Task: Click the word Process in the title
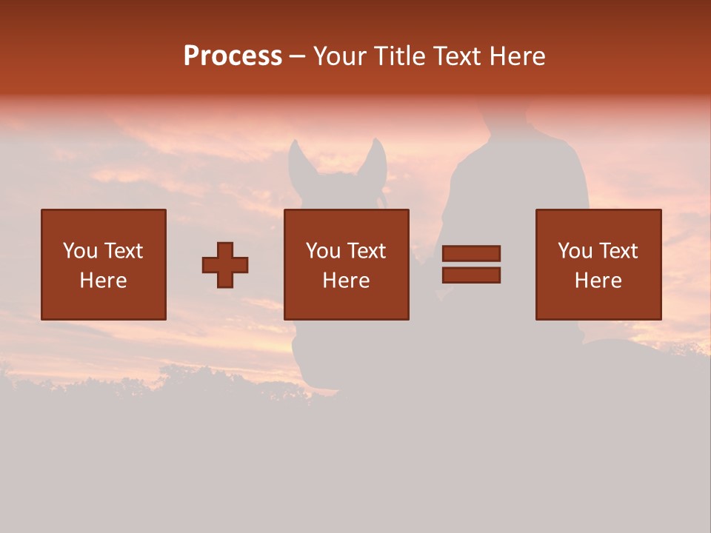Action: [x=233, y=56]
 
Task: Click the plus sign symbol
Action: [x=225, y=265]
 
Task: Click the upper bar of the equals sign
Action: [x=471, y=254]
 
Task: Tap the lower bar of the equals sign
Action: [x=471, y=275]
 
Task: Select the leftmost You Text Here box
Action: [x=103, y=264]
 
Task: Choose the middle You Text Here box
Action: [x=346, y=264]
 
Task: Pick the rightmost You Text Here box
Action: [x=598, y=264]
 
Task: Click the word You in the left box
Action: [x=80, y=251]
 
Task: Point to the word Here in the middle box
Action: [x=346, y=281]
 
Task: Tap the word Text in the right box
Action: [x=617, y=251]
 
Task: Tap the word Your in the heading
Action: [x=339, y=56]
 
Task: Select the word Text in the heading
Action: [x=457, y=56]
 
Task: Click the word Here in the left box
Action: [x=103, y=281]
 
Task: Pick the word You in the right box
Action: [x=575, y=251]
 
